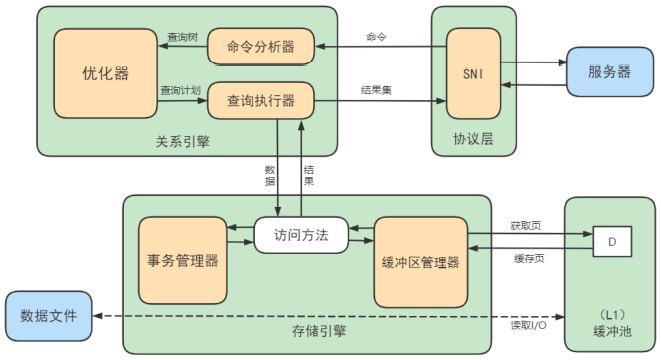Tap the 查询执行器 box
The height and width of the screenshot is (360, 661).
click(x=261, y=100)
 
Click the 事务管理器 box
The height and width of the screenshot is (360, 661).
click(x=181, y=260)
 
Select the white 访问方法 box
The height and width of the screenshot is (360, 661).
click(x=300, y=236)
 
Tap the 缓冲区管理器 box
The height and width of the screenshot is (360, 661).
click(x=420, y=262)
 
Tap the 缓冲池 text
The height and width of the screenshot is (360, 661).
click(x=611, y=328)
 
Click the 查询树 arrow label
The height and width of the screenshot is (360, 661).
click(x=182, y=37)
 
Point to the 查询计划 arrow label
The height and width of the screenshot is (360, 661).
click(x=181, y=90)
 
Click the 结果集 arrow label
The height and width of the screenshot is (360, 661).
click(x=376, y=90)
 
